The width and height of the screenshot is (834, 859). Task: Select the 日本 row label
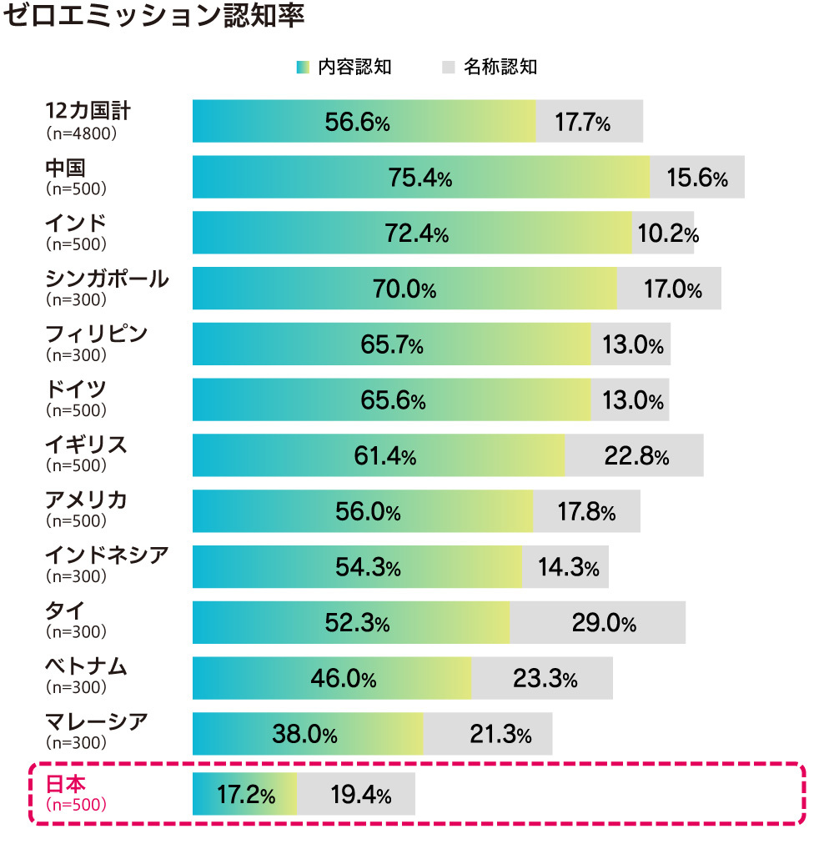pyautogui.click(x=66, y=783)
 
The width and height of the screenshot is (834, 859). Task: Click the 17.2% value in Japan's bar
pyautogui.click(x=246, y=795)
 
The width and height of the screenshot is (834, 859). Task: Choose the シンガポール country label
pyautogui.click(x=107, y=279)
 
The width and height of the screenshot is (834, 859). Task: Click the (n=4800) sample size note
pyautogui.click(x=81, y=133)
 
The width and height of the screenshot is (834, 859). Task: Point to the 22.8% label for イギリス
pyautogui.click(x=636, y=456)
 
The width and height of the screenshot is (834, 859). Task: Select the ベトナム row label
pyautogui.click(x=86, y=666)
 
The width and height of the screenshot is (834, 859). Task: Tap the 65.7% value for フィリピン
pyautogui.click(x=392, y=344)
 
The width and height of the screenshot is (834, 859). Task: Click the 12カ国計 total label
pyautogui.click(x=88, y=112)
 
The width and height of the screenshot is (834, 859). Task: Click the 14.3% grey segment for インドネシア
pyautogui.click(x=568, y=568)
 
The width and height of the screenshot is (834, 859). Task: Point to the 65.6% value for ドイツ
pyautogui.click(x=392, y=400)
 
